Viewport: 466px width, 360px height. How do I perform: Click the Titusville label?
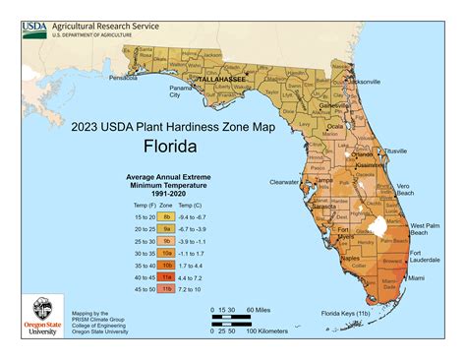point(396,150)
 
